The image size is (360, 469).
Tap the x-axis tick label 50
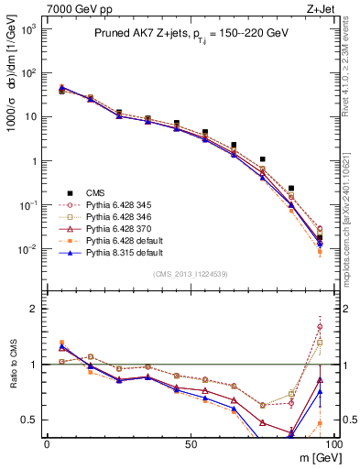click(x=191, y=443)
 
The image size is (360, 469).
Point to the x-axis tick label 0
click(x=47, y=443)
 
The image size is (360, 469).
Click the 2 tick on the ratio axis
click(x=35, y=309)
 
